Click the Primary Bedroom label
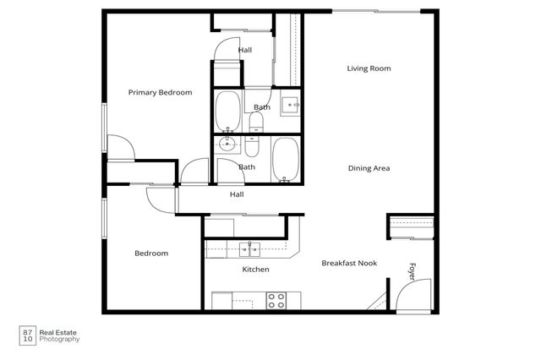pyautogui.click(x=160, y=92)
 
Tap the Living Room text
pyautogui.click(x=369, y=68)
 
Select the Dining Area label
pyautogui.click(x=369, y=168)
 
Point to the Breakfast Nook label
pyautogui.click(x=349, y=264)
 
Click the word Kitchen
pyautogui.click(x=255, y=270)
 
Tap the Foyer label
pyautogui.click(x=413, y=271)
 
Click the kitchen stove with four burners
pyautogui.click(x=276, y=300)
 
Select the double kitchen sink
pyautogui.click(x=249, y=248)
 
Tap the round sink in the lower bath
pyautogui.click(x=228, y=145)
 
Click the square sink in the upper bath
pyautogui.click(x=290, y=106)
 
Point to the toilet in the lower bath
pyautogui.click(x=253, y=146)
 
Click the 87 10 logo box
pyautogui.click(x=28, y=335)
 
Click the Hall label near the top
pyautogui.click(x=245, y=50)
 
